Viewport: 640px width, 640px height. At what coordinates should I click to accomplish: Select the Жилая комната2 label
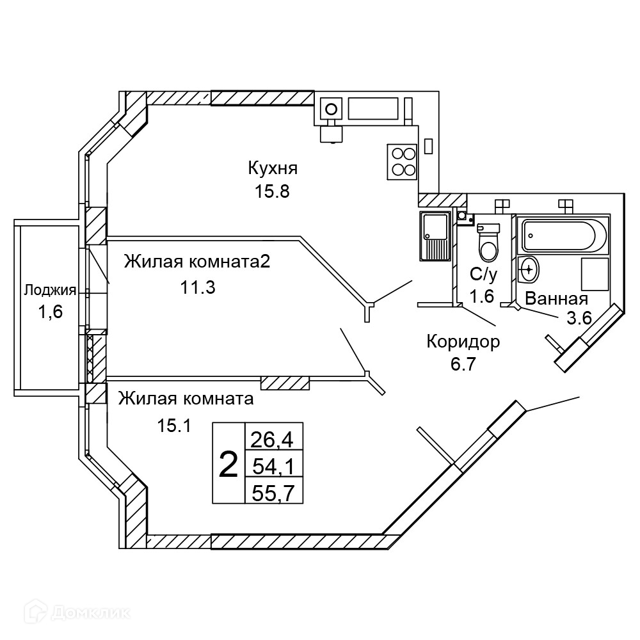click(x=189, y=262)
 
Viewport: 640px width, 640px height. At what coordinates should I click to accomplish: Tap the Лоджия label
click(x=50, y=290)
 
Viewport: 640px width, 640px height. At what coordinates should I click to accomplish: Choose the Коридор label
click(x=463, y=342)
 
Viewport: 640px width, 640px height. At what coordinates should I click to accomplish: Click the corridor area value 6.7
click(x=463, y=365)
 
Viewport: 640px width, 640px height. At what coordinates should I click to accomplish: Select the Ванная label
click(x=556, y=299)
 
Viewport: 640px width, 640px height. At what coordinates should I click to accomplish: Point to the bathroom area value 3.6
click(x=579, y=318)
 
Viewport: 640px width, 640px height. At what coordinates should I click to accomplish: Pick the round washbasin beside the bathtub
click(x=529, y=269)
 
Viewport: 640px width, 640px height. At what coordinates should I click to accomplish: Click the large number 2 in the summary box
click(x=228, y=464)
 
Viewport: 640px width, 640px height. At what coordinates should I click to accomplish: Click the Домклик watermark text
click(x=91, y=613)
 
